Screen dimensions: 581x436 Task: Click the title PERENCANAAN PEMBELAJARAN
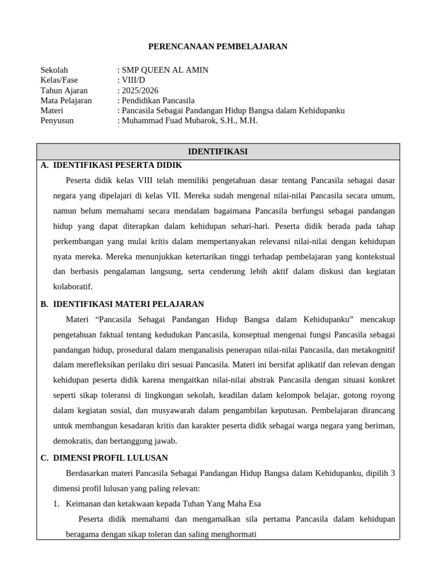pyautogui.click(x=218, y=47)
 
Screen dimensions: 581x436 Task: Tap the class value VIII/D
pyautogui.click(x=133, y=80)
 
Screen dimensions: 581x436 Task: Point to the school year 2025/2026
pyautogui.click(x=140, y=90)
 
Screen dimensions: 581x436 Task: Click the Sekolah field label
pyautogui.click(x=54, y=70)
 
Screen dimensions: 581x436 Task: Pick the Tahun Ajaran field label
pyautogui.click(x=64, y=90)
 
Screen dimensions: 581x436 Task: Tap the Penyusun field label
pyautogui.click(x=57, y=121)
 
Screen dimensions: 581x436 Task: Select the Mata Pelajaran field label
pyautogui.click(x=66, y=100)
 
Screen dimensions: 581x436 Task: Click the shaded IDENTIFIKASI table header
pyautogui.click(x=218, y=151)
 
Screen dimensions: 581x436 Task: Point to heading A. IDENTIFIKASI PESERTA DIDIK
pyautogui.click(x=117, y=165)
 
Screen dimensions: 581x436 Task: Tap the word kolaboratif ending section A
pyautogui.click(x=72, y=287)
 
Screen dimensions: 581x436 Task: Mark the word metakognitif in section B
pyautogui.click(x=372, y=349)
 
